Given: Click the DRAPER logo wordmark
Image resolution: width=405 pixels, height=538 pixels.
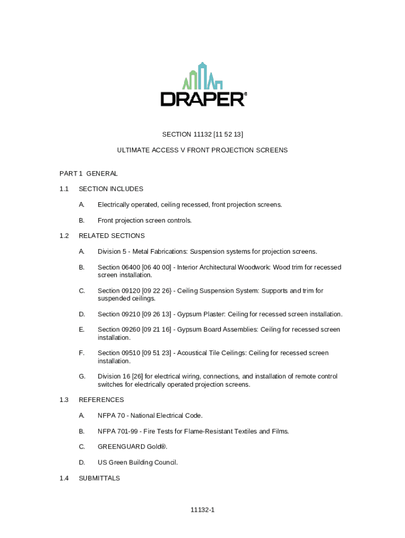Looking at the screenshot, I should (x=202, y=99).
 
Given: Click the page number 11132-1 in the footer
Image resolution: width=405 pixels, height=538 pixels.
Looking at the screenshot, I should (x=202, y=510).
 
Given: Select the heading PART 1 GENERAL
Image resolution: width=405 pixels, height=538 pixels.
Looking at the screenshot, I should (x=88, y=173).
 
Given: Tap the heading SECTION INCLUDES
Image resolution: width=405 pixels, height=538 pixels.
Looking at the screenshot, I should (x=111, y=189).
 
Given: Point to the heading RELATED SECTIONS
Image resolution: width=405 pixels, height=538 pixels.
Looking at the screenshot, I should (x=112, y=236).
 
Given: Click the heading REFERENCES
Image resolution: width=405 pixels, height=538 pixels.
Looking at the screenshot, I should (x=102, y=400).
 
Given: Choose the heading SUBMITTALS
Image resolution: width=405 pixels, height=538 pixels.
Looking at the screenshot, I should (x=99, y=478).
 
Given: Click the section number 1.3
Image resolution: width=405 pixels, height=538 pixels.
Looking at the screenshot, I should (x=64, y=400).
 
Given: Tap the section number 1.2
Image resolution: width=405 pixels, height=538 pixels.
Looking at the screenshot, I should (x=64, y=236).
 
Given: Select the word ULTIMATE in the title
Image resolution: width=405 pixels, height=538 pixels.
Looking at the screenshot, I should (x=133, y=150).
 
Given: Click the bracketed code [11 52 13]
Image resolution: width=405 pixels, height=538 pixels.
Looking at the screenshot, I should (x=225, y=134).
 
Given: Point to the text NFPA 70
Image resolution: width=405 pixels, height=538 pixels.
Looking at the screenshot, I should (x=111, y=416).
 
